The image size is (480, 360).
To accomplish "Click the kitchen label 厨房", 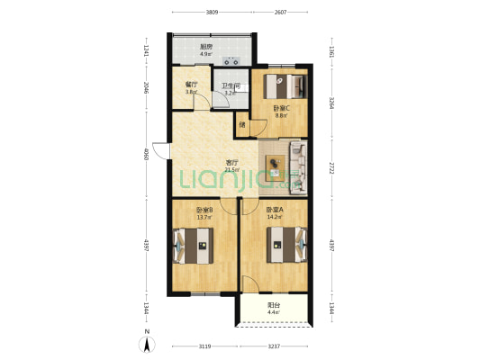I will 204,46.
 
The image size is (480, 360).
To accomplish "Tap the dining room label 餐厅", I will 191,84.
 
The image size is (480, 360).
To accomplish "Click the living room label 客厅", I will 231,163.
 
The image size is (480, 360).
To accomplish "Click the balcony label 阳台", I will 273,306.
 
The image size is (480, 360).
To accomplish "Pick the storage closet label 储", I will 241,124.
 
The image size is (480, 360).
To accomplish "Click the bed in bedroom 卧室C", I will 285,86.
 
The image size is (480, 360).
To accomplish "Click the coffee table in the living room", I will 275,164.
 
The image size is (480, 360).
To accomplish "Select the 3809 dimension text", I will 211,13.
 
